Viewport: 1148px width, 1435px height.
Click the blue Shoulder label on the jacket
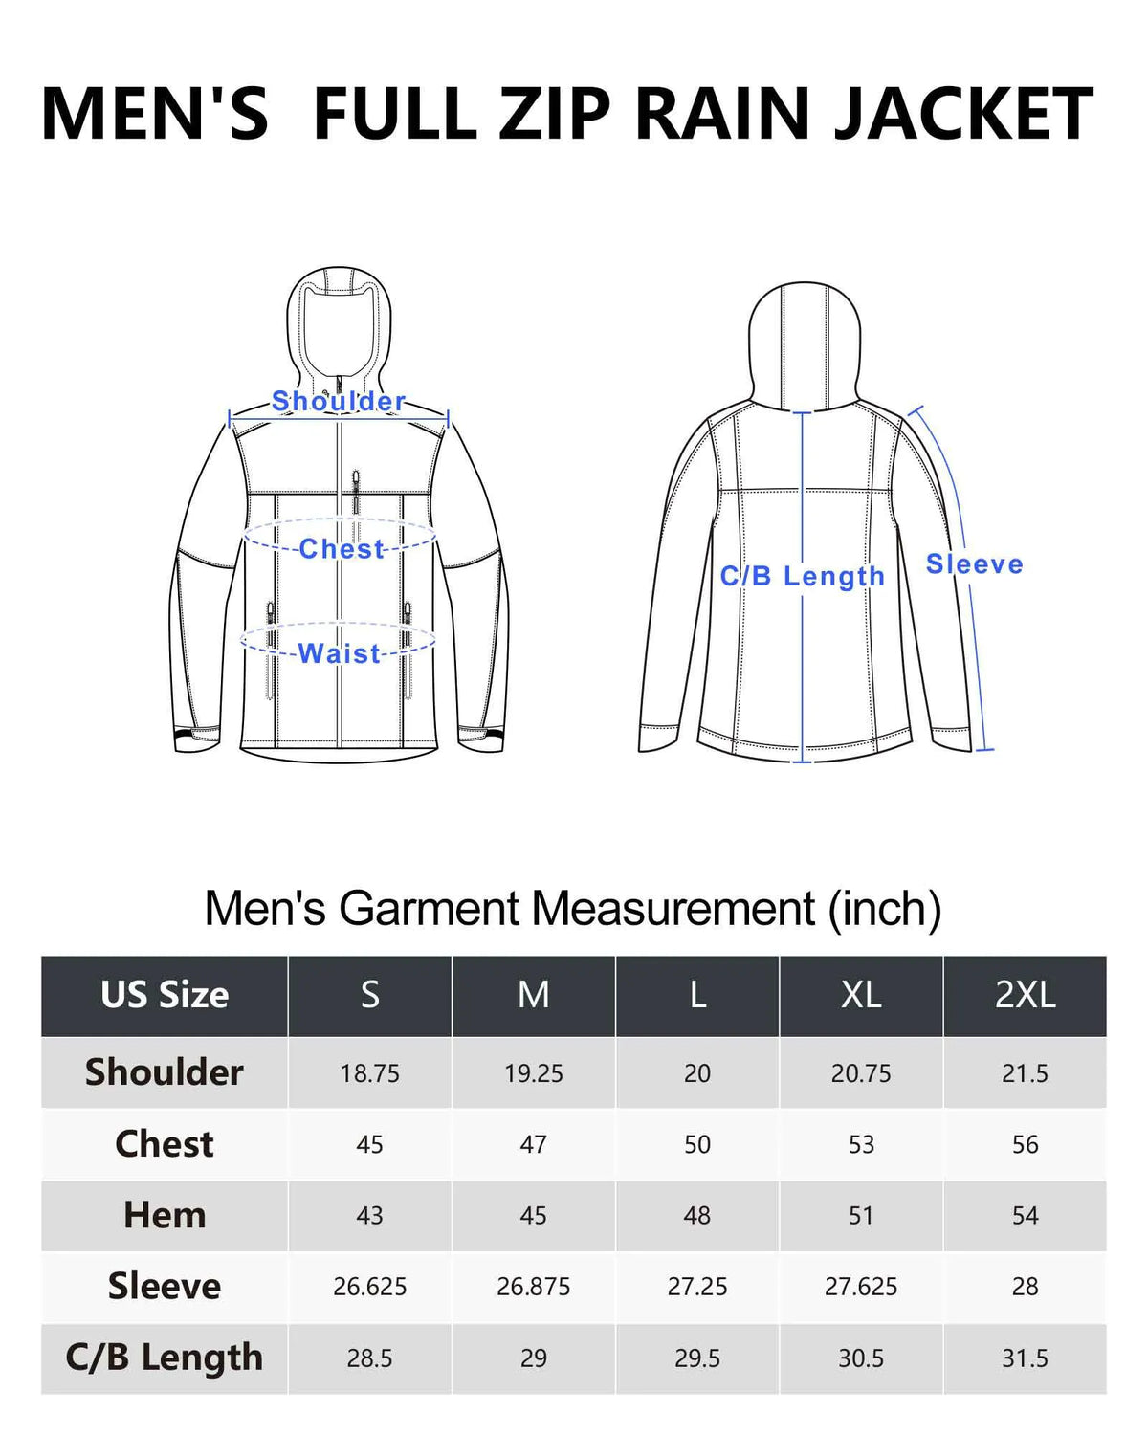click(339, 402)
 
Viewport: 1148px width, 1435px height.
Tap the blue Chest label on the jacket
click(342, 549)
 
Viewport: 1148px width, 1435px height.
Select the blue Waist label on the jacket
click(339, 653)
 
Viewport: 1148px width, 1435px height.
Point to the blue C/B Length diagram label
click(802, 577)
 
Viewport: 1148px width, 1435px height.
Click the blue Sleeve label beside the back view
click(974, 564)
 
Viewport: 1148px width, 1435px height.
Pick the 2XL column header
click(1025, 995)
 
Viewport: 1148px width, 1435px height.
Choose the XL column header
click(860, 995)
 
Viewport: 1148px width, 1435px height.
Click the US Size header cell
click(165, 995)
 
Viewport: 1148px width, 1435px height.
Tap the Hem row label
click(165, 1215)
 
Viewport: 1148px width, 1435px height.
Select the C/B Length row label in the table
click(165, 1357)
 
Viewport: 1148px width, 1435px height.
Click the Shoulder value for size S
click(369, 1073)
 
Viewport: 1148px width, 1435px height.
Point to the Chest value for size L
click(697, 1144)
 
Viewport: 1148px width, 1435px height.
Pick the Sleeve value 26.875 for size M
click(533, 1287)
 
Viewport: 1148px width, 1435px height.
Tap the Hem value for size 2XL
click(1025, 1216)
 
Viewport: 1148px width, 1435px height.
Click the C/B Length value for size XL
click(860, 1358)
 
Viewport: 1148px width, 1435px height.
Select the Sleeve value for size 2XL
click(1025, 1287)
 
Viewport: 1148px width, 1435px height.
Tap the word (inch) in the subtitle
click(885, 909)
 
